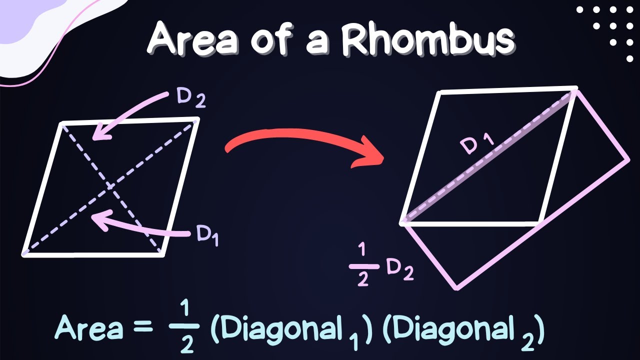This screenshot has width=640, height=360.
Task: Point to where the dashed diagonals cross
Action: point(110,186)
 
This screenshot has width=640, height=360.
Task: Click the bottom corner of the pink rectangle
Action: point(455,288)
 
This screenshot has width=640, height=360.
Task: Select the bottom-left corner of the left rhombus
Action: point(23,254)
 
